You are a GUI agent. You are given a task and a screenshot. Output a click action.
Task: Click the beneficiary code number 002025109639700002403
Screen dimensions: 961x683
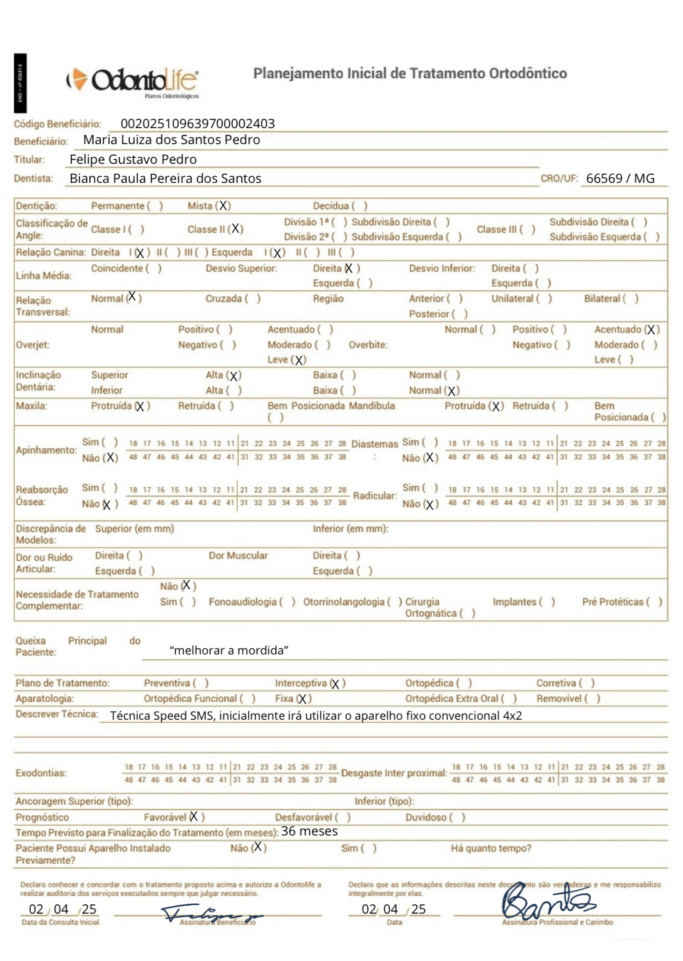point(197,124)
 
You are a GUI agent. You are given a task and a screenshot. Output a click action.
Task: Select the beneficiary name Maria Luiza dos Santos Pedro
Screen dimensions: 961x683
point(171,140)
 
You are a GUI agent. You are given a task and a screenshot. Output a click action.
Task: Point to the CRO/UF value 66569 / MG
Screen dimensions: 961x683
point(620,179)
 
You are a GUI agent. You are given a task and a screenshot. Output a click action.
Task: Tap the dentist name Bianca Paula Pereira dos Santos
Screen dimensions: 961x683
point(165,179)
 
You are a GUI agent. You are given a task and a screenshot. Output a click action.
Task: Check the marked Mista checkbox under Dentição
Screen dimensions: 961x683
point(224,206)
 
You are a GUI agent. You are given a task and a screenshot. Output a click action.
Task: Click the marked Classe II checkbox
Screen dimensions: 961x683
point(236,229)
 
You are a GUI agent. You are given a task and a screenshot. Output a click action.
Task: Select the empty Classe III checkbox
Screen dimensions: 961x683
point(527,230)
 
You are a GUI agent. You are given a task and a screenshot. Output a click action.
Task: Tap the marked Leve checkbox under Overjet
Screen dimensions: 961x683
point(299,360)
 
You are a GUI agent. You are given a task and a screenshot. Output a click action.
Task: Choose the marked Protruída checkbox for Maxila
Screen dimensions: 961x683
point(141,406)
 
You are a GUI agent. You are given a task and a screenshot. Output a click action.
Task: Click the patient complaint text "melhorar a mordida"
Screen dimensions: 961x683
point(228,651)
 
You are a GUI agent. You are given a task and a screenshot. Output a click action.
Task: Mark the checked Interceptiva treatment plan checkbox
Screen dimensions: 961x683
point(336,683)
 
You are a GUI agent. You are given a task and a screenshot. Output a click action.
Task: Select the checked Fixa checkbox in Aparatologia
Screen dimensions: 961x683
point(302,699)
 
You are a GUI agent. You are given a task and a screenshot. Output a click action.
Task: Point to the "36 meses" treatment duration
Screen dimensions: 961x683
point(309,832)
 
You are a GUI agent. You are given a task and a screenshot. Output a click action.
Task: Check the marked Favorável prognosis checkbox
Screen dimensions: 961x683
point(194,817)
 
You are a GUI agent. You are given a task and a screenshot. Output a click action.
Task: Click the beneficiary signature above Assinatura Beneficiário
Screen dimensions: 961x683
point(209,914)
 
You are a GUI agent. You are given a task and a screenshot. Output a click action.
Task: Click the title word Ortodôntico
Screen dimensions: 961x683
point(528,74)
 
